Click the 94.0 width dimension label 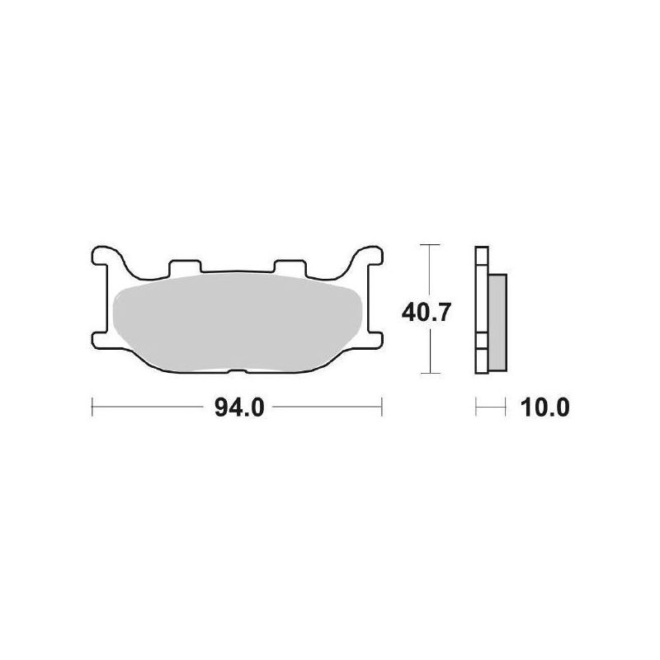point(238,408)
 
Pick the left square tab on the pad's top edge point(184,266)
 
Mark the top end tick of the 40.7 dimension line point(426,245)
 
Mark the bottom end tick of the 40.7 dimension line point(426,374)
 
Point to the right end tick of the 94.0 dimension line point(382,407)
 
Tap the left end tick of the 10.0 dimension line point(477,407)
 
